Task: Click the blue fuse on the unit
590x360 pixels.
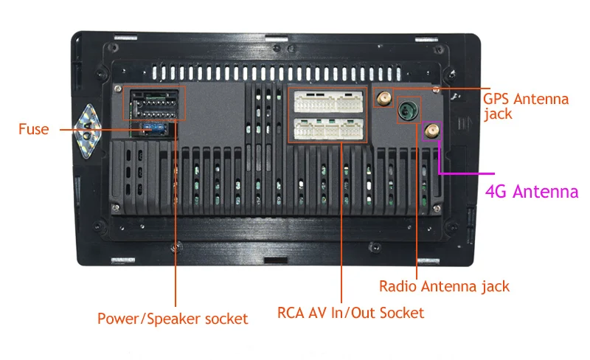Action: point(155,128)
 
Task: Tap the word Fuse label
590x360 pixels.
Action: point(34,129)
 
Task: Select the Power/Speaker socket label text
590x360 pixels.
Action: point(173,319)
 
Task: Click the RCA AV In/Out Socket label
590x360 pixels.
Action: point(351,313)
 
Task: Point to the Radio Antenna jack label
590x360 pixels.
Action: point(444,286)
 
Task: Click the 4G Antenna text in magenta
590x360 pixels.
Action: point(532,192)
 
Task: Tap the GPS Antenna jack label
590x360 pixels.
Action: point(526,106)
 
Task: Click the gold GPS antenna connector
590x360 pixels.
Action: point(383,98)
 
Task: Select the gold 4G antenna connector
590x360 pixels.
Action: point(431,131)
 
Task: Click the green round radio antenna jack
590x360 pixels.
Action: point(408,110)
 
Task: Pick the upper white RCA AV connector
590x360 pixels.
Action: point(328,102)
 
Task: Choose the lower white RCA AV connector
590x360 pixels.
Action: point(328,129)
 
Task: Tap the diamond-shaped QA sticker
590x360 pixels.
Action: point(87,131)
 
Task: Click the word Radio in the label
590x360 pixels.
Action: point(398,286)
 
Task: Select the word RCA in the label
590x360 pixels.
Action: point(291,313)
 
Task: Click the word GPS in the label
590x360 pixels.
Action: point(496,99)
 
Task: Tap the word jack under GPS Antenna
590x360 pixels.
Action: point(498,114)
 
